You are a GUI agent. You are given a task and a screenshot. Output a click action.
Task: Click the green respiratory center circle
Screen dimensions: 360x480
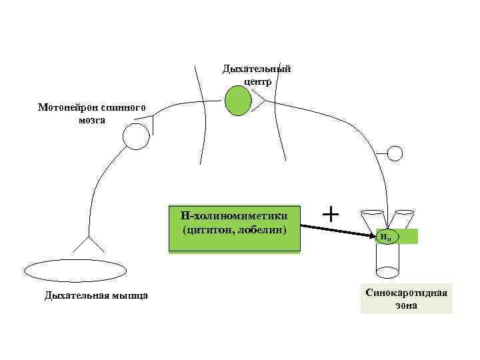click(x=237, y=101)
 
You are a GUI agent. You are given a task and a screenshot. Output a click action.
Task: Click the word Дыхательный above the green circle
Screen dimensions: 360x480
click(x=257, y=69)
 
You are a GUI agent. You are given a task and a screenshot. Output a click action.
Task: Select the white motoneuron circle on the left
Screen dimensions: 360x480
click(x=136, y=137)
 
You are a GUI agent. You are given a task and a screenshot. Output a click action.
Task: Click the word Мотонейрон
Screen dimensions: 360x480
click(x=66, y=107)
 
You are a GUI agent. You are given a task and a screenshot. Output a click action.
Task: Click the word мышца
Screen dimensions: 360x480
click(x=127, y=295)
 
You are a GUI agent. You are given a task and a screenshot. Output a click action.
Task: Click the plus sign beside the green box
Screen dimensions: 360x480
click(x=330, y=214)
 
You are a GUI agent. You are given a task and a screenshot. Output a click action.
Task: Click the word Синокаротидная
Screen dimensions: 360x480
click(x=406, y=293)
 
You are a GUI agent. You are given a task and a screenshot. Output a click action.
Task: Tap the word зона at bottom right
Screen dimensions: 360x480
click(x=406, y=305)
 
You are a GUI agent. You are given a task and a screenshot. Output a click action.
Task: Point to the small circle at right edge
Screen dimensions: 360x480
click(x=395, y=154)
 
